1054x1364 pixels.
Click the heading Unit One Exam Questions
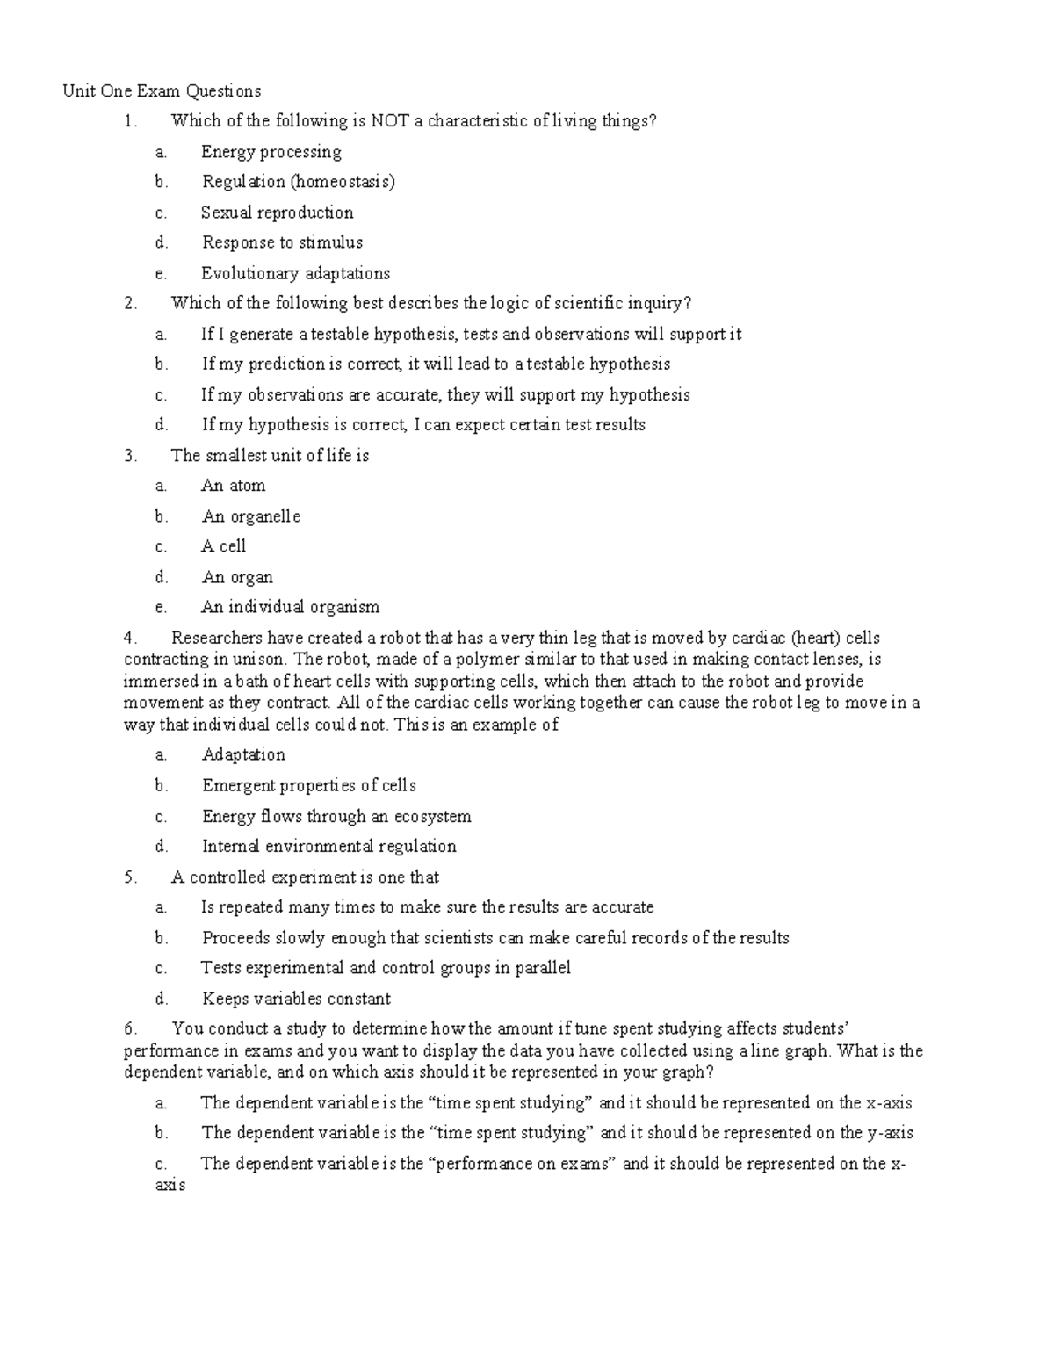click(x=162, y=91)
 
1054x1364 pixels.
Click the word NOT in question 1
click(x=390, y=121)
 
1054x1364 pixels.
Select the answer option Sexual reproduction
click(x=277, y=213)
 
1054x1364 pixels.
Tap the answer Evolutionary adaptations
click(x=295, y=273)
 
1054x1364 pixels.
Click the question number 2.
click(x=131, y=304)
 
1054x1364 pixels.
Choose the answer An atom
click(x=233, y=486)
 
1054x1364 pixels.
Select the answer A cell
click(x=223, y=546)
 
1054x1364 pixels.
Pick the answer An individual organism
click(x=290, y=607)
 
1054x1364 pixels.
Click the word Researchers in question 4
click(x=216, y=638)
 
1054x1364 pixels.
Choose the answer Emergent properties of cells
click(x=308, y=786)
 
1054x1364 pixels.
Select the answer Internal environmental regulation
click(x=328, y=847)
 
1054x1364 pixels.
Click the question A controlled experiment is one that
click(x=305, y=877)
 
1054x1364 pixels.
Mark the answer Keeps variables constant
click(x=296, y=999)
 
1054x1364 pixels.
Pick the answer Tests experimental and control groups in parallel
click(x=385, y=968)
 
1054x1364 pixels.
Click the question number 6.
click(x=131, y=1028)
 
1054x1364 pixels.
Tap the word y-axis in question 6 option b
click(x=889, y=1133)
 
